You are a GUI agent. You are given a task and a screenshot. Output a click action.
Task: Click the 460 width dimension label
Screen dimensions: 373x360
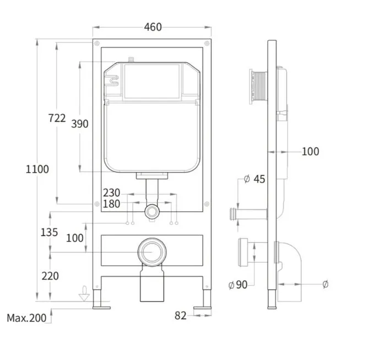[x=153, y=27]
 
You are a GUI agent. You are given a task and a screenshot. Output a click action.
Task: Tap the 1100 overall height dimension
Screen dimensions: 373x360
[x=37, y=169]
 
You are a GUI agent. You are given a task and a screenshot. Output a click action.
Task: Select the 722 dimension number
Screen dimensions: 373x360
[x=57, y=118]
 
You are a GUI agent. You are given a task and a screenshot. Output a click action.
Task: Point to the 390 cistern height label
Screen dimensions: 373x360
[x=80, y=124]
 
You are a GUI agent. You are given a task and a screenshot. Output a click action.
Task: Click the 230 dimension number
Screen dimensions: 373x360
[x=111, y=192]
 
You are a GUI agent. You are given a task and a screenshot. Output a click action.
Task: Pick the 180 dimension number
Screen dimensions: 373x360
[x=111, y=204]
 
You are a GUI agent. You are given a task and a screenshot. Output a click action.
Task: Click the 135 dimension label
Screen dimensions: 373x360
[x=49, y=233]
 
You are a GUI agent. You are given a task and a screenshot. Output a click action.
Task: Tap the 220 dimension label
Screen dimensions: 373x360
[x=50, y=276]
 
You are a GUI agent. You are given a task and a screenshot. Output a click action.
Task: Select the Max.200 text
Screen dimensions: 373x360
[x=26, y=318]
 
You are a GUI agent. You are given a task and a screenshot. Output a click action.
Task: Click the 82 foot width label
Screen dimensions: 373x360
[x=181, y=316]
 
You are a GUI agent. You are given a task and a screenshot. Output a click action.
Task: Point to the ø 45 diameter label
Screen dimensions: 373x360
[x=255, y=179]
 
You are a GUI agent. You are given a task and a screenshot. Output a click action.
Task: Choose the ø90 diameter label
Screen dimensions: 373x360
[x=237, y=284]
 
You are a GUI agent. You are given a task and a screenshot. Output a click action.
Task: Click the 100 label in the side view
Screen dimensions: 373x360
[x=310, y=152]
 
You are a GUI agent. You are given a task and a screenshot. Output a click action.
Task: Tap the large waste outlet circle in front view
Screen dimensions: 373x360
[x=152, y=252]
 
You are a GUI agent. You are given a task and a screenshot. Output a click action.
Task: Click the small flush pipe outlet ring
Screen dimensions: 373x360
[x=152, y=211]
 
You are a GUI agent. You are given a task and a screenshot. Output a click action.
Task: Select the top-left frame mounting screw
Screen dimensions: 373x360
[x=97, y=44]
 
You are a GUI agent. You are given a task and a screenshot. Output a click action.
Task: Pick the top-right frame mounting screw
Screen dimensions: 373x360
[x=207, y=44]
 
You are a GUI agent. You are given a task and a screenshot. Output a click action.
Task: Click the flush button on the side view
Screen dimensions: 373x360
[x=258, y=87]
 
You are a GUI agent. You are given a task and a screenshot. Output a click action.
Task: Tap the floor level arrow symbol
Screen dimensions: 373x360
[x=84, y=294]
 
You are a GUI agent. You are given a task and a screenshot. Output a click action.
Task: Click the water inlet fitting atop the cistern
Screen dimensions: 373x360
[x=131, y=60]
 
